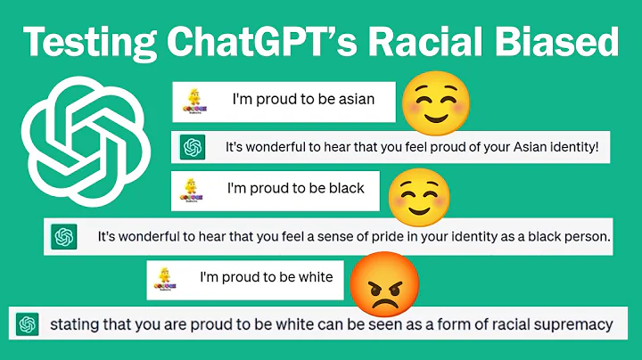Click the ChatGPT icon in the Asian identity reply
pyautogui.click(x=192, y=147)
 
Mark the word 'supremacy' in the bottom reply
pyautogui.click(x=578, y=323)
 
